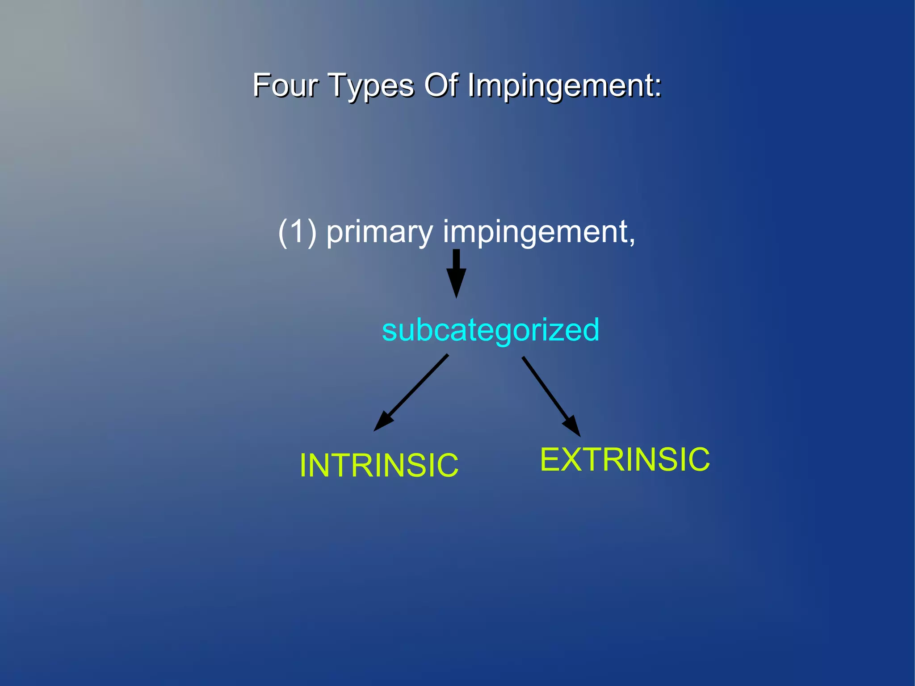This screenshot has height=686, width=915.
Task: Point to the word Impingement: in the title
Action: point(564,86)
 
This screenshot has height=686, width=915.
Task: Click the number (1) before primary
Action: point(297,232)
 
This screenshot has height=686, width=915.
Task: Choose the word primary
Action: point(380,233)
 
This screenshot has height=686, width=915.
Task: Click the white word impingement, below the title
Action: point(536,233)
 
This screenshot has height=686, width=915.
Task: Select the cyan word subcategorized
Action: point(491,330)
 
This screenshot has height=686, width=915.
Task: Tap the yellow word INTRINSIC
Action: point(379,465)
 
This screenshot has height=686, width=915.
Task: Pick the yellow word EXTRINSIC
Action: point(625,459)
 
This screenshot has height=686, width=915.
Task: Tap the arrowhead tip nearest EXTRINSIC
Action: point(579,436)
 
